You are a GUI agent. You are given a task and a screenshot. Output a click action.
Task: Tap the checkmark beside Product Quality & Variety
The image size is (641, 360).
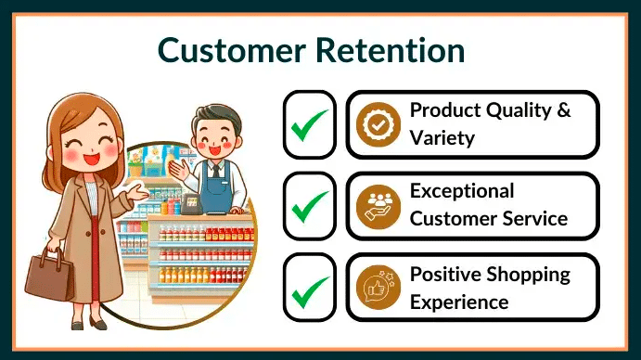(309, 124)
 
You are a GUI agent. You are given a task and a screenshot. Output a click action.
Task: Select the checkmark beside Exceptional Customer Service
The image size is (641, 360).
(309, 206)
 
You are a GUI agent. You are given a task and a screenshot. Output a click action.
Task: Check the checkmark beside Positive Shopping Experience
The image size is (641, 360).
(309, 287)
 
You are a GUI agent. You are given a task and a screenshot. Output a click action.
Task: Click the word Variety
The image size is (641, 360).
(442, 138)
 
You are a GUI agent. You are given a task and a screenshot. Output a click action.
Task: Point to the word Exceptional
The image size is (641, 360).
(461, 191)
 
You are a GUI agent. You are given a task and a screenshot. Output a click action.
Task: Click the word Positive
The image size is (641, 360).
(449, 275)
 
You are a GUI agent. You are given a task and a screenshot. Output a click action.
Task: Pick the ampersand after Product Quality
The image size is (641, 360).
(562, 110)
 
